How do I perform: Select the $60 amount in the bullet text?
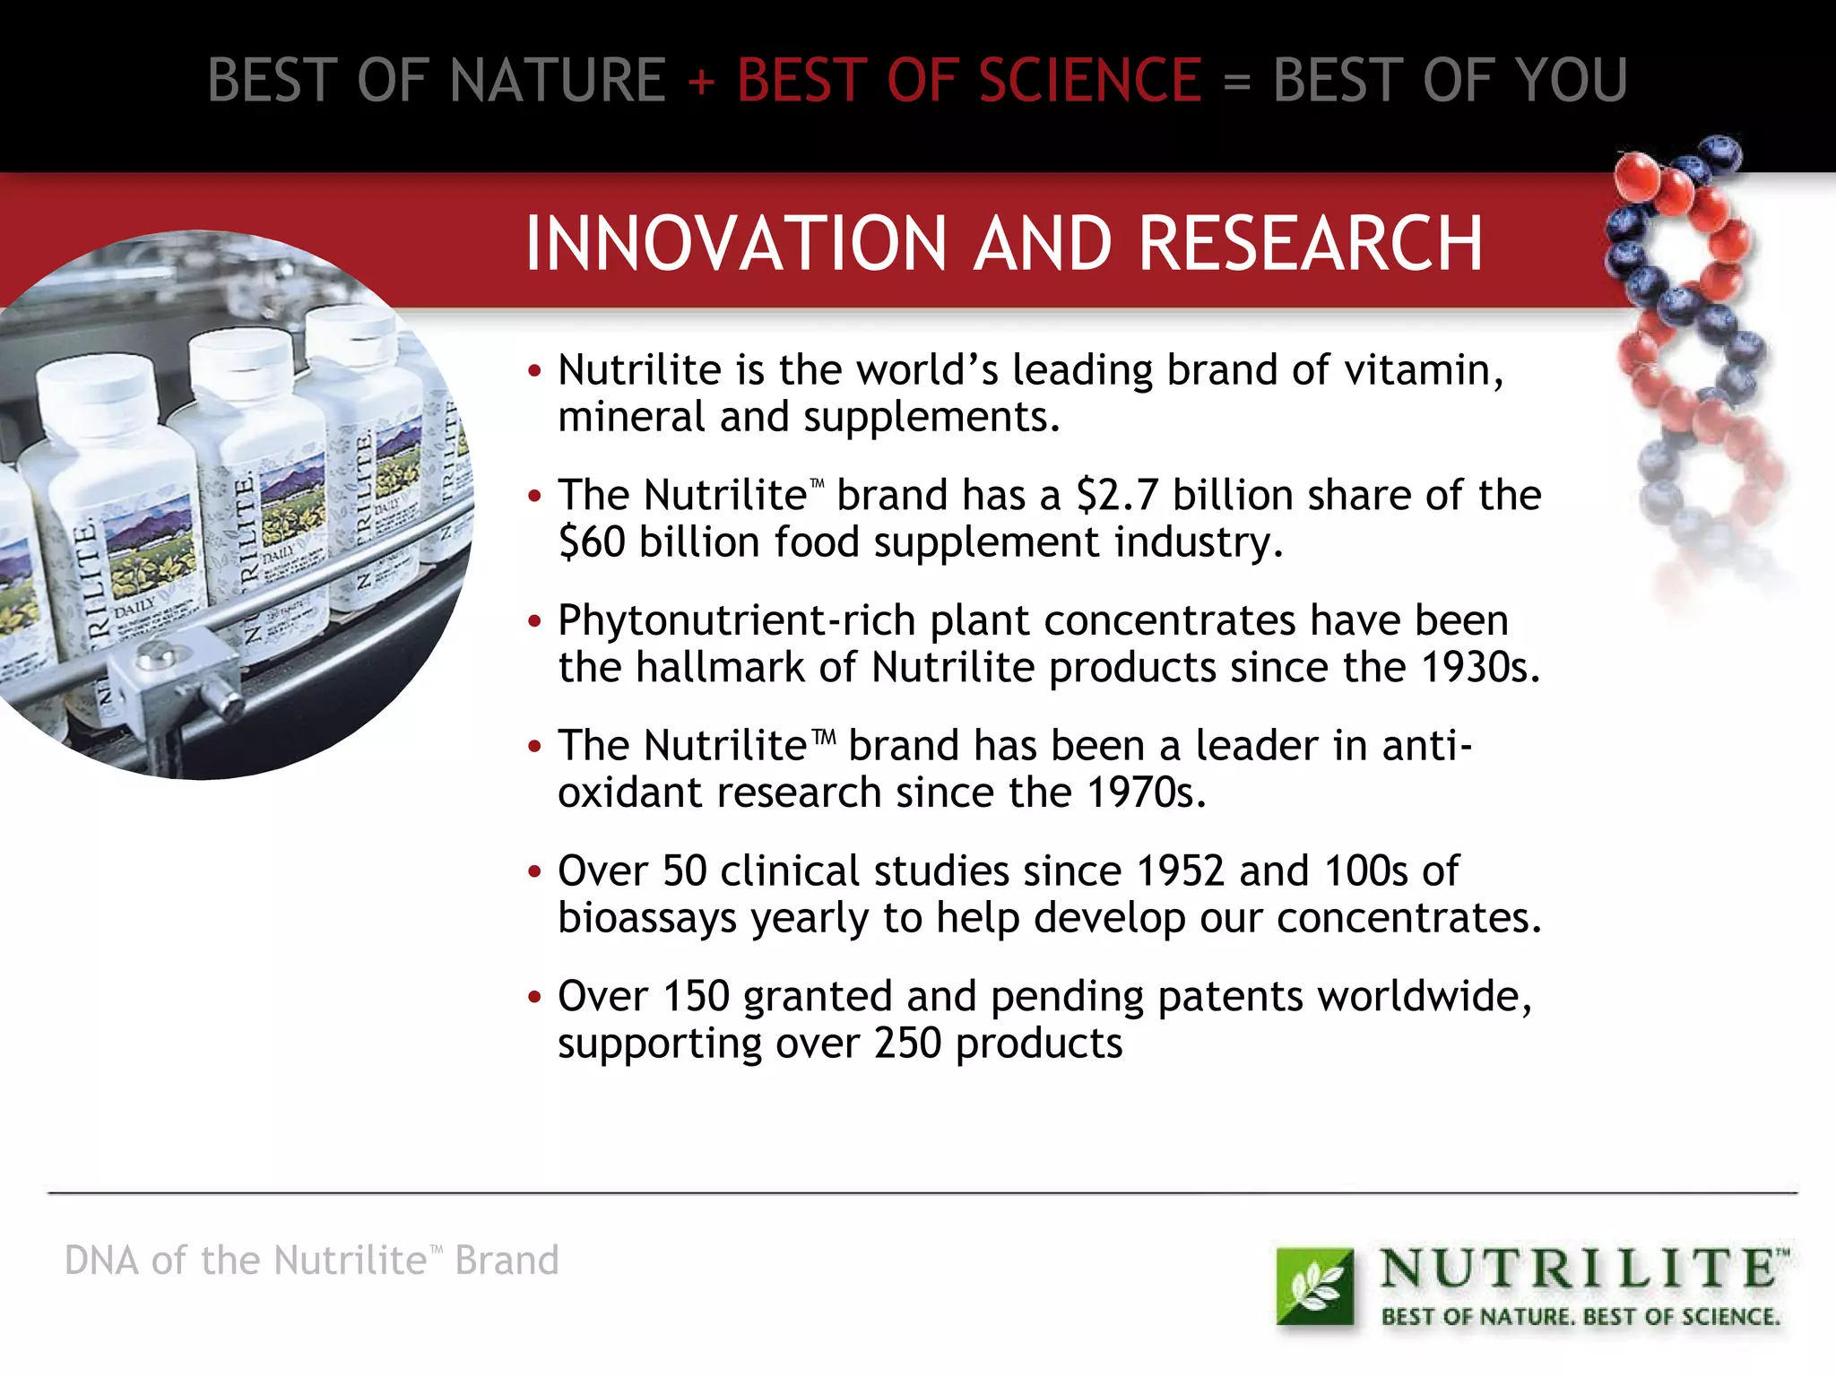click(592, 542)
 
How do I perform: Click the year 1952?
click(1180, 871)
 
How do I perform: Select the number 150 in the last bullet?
click(696, 997)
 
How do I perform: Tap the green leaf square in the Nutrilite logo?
click(1314, 1286)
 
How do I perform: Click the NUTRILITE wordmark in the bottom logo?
click(1578, 1269)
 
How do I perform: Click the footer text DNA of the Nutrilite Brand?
click(311, 1260)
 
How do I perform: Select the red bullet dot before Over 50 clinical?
click(535, 871)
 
